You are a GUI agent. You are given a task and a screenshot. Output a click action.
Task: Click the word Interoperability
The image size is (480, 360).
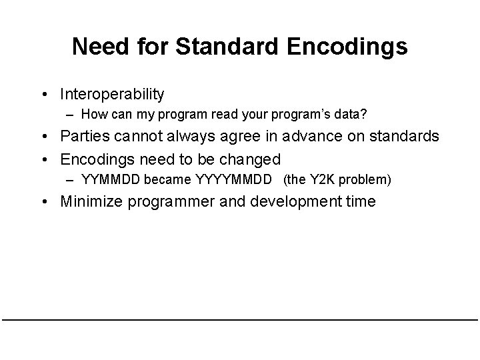112,95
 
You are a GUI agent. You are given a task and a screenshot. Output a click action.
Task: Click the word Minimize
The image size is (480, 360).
89,201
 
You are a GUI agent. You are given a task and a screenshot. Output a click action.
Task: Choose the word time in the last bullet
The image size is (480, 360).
361,201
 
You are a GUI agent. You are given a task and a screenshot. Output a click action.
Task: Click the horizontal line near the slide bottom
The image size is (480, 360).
240,320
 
